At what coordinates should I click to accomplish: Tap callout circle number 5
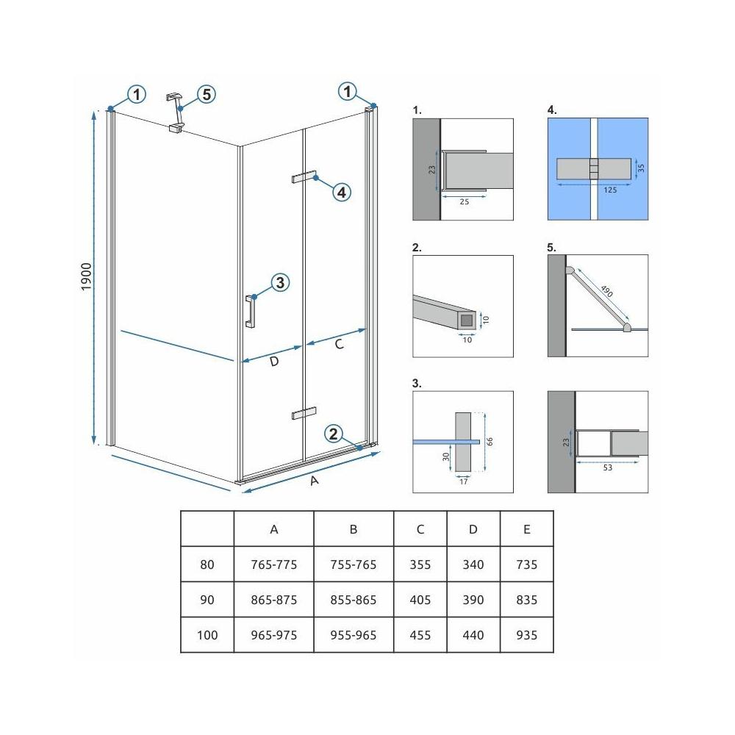pyautogui.click(x=205, y=95)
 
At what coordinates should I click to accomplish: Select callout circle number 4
pyautogui.click(x=340, y=193)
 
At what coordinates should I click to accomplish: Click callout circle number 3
pyautogui.click(x=279, y=282)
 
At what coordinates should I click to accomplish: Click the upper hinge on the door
pyautogui.click(x=303, y=177)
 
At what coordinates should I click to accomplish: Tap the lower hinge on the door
pyautogui.click(x=303, y=413)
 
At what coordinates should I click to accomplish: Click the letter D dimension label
pyautogui.click(x=273, y=361)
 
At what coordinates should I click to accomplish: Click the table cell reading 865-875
pyautogui.click(x=273, y=600)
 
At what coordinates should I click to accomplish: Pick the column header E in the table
pyautogui.click(x=526, y=529)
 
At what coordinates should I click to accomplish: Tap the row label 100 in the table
pyautogui.click(x=207, y=635)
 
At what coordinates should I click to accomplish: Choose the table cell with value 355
pyautogui.click(x=420, y=564)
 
